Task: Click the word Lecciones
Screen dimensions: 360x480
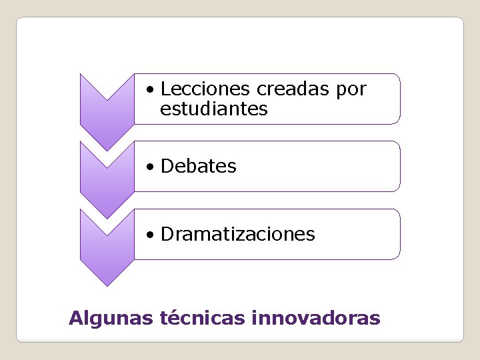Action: click(206, 89)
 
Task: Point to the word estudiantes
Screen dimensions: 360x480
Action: click(214, 109)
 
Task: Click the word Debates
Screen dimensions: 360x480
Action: click(199, 166)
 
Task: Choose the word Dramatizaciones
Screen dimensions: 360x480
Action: click(238, 234)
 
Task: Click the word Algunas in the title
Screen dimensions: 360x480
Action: click(111, 319)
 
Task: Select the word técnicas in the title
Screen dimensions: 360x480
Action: click(203, 317)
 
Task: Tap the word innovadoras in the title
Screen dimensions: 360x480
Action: click(316, 317)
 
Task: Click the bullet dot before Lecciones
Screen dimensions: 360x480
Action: click(153, 89)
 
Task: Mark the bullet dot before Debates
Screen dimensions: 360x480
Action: click(153, 167)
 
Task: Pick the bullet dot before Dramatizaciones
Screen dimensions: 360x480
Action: click(153, 235)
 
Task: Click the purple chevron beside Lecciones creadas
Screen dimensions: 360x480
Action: click(107, 107)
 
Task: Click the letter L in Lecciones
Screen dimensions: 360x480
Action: click(165, 89)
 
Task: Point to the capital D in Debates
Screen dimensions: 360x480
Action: click(167, 166)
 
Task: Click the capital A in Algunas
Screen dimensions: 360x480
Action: click(75, 317)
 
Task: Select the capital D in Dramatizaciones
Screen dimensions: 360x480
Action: click(167, 234)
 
